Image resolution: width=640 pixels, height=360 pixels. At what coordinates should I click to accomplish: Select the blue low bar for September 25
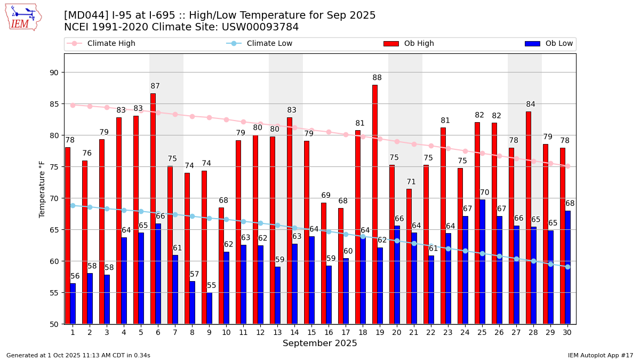click(483, 261)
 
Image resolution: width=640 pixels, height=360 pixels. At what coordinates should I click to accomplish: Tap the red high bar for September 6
click(153, 209)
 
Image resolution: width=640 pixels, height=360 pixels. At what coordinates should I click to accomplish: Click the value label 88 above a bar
click(377, 78)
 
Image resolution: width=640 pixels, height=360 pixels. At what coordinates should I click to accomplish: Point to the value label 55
click(212, 286)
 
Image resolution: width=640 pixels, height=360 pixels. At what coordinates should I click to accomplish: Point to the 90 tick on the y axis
click(54, 73)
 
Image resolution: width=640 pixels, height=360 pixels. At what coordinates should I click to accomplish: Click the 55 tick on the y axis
click(54, 293)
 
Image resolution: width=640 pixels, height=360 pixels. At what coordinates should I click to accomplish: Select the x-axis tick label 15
click(311, 332)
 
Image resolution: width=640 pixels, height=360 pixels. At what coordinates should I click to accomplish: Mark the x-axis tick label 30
click(567, 332)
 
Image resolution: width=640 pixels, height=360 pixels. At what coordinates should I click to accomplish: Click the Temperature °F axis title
click(42, 189)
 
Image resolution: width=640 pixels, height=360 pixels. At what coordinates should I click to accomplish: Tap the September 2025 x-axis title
click(320, 343)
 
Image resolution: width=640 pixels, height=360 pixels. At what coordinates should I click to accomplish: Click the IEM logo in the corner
click(23, 17)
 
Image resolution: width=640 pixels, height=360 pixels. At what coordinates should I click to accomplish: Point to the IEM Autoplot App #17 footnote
click(600, 355)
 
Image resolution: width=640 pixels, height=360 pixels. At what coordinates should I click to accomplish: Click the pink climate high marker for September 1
click(73, 105)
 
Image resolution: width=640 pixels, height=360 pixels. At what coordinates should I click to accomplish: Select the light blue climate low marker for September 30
click(567, 267)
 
